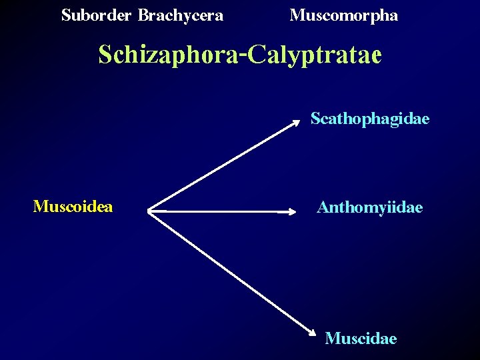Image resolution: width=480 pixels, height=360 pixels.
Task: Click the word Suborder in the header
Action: coord(96,15)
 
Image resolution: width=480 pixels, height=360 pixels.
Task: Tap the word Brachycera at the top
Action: coord(181,15)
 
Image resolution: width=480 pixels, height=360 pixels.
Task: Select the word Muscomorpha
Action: coord(344,15)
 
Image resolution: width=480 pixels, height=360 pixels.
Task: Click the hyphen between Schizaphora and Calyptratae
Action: coord(243,54)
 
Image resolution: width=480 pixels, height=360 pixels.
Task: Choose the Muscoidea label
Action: coord(73,207)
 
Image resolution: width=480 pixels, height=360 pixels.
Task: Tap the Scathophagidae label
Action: coord(370,119)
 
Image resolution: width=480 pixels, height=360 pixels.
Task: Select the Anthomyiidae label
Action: coord(369,208)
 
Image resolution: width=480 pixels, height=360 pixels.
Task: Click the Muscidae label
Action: coord(361,339)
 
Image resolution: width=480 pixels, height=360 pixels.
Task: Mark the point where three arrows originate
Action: coord(148,211)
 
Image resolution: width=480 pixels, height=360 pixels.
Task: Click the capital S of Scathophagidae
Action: coord(315,119)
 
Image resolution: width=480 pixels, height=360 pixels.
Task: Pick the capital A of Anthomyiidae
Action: coord(323,208)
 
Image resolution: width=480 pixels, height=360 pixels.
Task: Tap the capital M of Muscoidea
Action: coord(40,207)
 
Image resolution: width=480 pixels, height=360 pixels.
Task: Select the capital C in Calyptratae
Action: coord(255,54)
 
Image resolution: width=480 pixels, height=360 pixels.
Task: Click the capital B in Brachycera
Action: coord(143,15)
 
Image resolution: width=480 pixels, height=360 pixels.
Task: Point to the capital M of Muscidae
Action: coord(331,339)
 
